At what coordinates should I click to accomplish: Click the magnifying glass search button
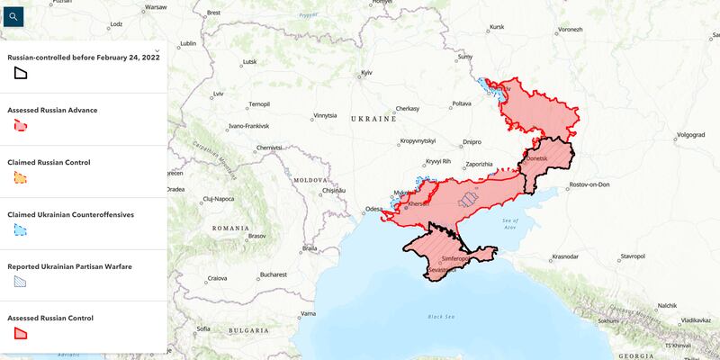click(x=12, y=15)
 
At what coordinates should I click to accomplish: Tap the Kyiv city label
click(x=366, y=72)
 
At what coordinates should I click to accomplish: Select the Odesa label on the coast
click(x=373, y=211)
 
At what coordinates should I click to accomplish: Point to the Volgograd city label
click(x=690, y=135)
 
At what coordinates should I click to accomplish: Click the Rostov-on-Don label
click(x=589, y=184)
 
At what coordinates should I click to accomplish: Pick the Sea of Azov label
click(x=510, y=223)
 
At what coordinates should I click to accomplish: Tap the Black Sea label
click(x=441, y=316)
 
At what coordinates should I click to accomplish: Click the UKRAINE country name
click(x=373, y=119)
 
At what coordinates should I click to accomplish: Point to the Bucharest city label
click(x=272, y=274)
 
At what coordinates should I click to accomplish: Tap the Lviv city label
click(x=218, y=94)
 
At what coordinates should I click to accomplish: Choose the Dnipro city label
click(x=472, y=141)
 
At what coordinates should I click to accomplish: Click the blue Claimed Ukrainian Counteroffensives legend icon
click(x=20, y=230)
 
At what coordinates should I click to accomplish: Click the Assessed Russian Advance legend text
click(x=52, y=110)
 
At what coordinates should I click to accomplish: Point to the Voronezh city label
click(x=570, y=30)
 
